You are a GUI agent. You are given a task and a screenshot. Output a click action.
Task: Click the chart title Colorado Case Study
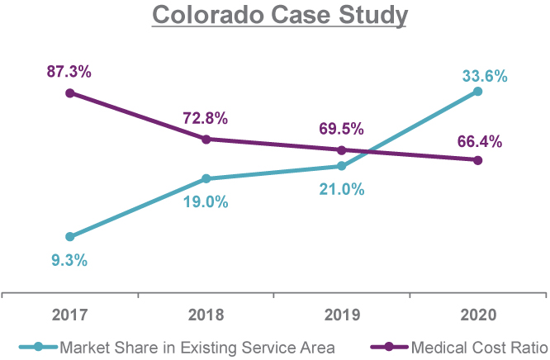(x=274, y=16)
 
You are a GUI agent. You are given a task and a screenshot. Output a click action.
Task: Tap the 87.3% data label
(x=69, y=72)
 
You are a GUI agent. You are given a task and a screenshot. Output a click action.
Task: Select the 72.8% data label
(x=206, y=118)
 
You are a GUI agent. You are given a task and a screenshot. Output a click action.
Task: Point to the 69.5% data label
(x=342, y=130)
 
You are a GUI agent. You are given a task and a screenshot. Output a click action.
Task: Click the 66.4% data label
(x=480, y=141)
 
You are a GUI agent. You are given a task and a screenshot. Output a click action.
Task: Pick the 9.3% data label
(x=69, y=260)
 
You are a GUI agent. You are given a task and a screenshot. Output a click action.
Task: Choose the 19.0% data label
(x=206, y=201)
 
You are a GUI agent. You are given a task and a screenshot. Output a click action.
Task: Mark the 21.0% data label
(x=342, y=189)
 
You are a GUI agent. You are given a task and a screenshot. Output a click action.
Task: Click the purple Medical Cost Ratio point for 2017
(x=69, y=92)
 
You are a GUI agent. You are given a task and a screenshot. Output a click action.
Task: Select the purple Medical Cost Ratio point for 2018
(x=206, y=139)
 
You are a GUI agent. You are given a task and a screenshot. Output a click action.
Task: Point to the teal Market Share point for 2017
(x=69, y=237)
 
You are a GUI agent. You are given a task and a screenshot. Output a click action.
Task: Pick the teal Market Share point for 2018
(x=206, y=178)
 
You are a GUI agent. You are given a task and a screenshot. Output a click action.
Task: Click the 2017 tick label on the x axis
(x=69, y=315)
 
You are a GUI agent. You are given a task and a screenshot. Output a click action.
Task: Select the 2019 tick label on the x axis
(x=342, y=315)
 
